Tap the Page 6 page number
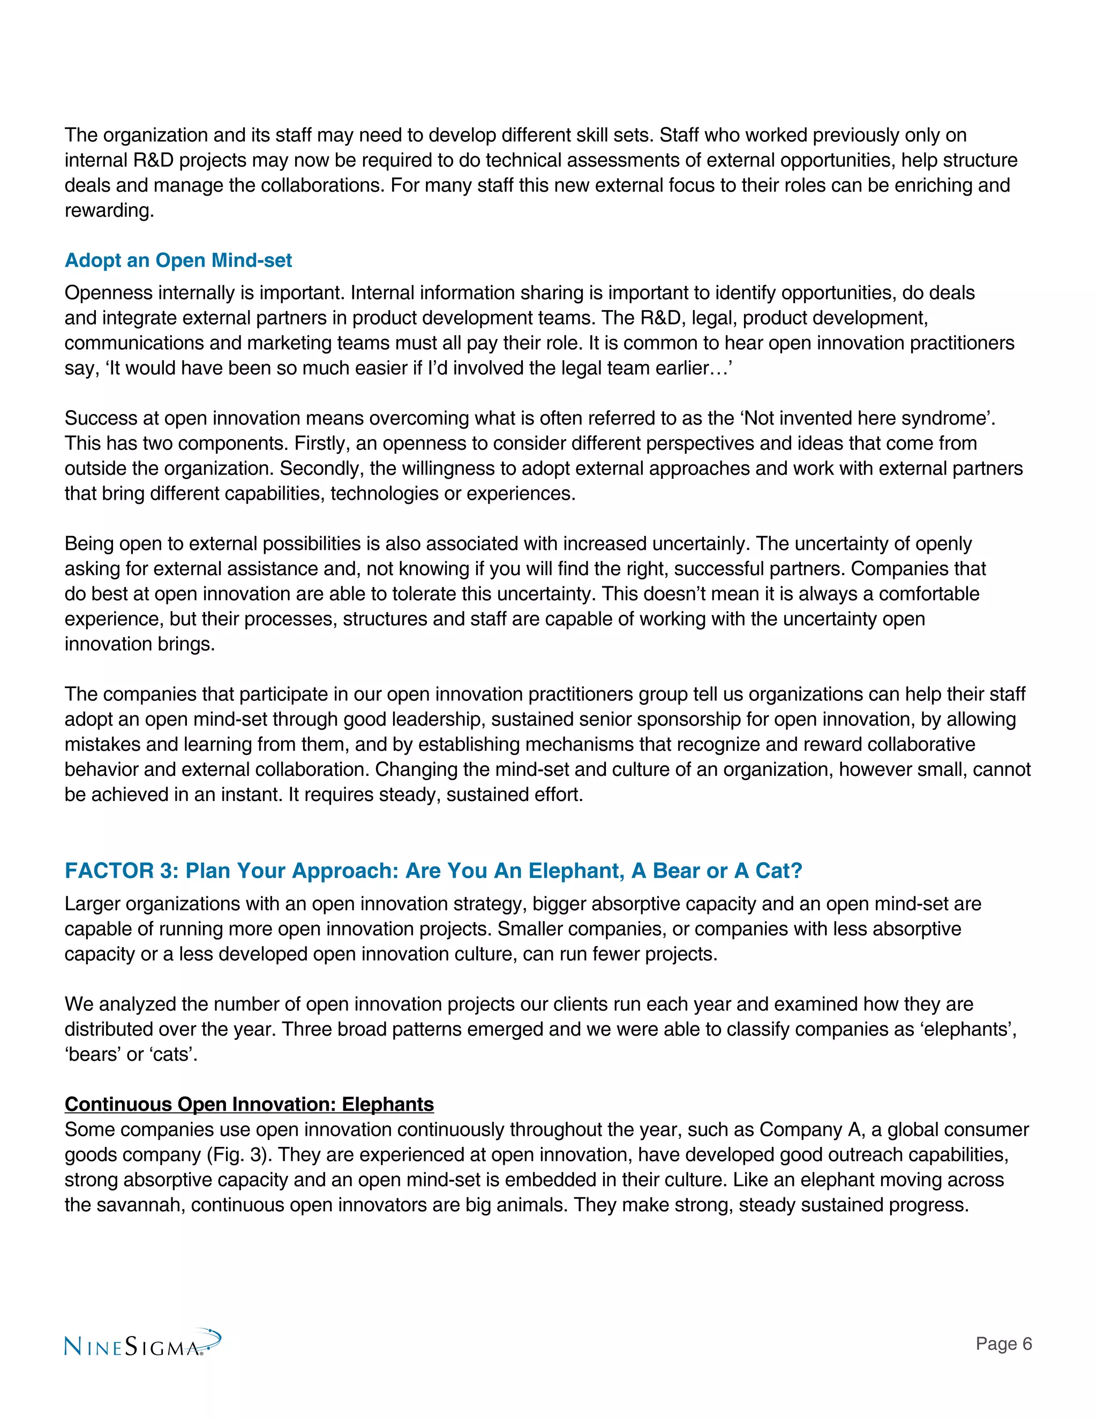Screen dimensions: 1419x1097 tap(1003, 1343)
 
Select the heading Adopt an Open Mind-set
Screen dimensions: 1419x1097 tap(178, 261)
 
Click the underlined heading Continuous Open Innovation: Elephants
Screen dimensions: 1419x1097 tap(249, 1105)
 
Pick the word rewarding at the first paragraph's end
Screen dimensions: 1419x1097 tap(109, 210)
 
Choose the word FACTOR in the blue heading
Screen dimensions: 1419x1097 tap(109, 871)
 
